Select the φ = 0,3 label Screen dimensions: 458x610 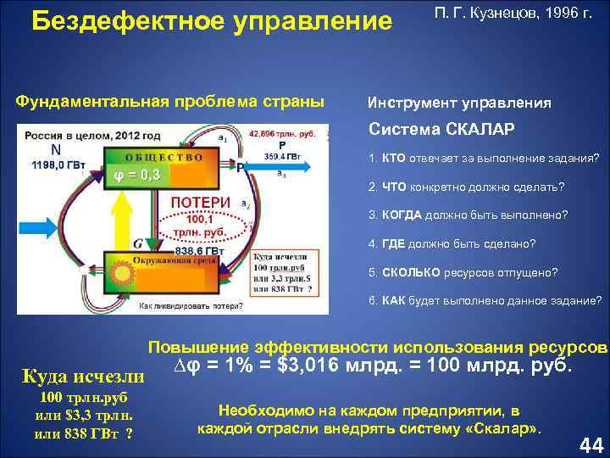click(x=138, y=175)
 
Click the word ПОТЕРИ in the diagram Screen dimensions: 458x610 click(x=201, y=202)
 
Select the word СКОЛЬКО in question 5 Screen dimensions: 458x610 click(x=411, y=272)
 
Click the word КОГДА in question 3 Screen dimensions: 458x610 click(x=404, y=215)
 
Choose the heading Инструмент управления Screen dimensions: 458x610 click(x=459, y=103)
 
